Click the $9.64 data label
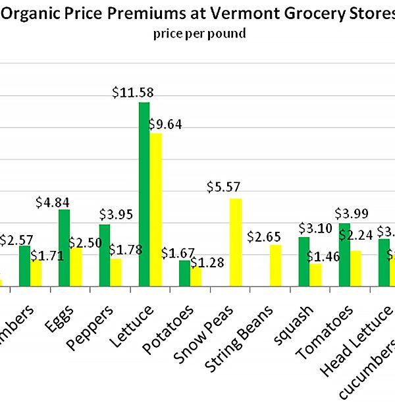tap(167, 124)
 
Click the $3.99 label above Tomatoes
tap(352, 213)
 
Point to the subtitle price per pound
tap(198, 33)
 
